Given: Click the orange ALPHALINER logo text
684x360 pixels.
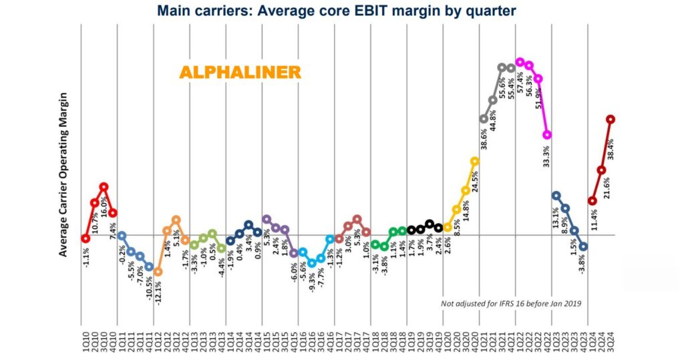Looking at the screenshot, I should [x=238, y=72].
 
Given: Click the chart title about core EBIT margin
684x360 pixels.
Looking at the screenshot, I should [x=341, y=11].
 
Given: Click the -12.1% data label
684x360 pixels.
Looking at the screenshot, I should [x=158, y=292].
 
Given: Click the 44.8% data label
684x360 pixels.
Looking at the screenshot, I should [x=492, y=124].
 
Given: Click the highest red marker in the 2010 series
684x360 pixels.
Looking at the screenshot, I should [x=104, y=187].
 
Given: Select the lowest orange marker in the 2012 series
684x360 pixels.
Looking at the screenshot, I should [x=158, y=272].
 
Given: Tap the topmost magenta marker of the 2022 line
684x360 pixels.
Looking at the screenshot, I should [x=520, y=61].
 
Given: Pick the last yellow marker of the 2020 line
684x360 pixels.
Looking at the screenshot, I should [x=474, y=161].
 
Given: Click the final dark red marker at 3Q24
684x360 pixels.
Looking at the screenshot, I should [x=610, y=119].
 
